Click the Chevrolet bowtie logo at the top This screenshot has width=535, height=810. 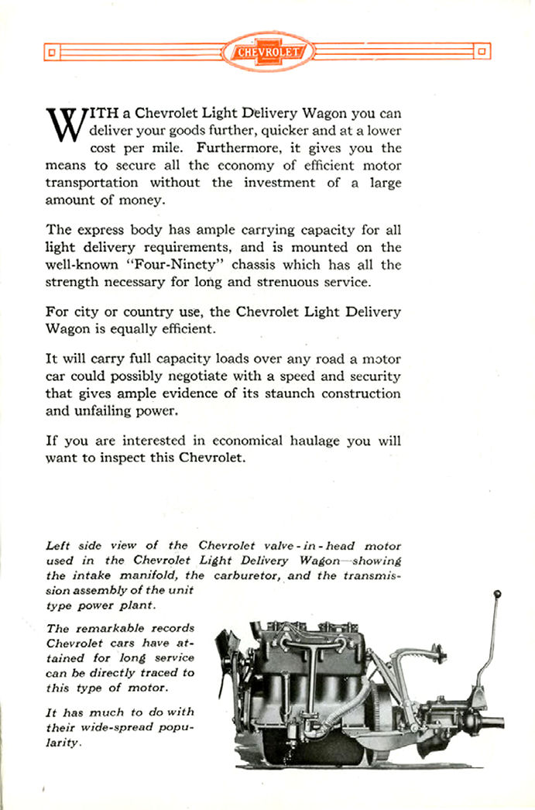[267, 52]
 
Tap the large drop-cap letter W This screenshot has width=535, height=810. [63, 124]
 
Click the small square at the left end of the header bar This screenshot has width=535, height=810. [50, 53]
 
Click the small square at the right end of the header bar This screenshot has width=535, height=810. [482, 53]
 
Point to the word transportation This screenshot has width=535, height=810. [91, 182]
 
